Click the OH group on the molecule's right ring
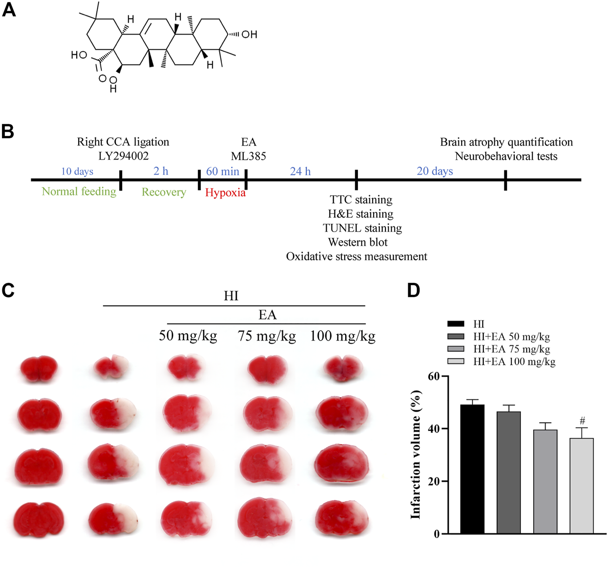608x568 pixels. [x=249, y=34]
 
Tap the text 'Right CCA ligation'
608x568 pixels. [x=123, y=142]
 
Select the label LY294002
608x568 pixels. [x=123, y=156]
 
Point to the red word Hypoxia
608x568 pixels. [x=225, y=192]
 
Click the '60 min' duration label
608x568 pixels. [x=223, y=171]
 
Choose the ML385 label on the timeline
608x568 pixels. [x=248, y=156]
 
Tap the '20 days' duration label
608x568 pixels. [x=435, y=171]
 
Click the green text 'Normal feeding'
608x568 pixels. [x=79, y=191]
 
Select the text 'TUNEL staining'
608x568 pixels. [x=362, y=228]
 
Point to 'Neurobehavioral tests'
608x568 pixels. [x=506, y=156]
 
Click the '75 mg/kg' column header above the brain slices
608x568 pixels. [x=267, y=336]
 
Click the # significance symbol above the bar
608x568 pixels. [x=582, y=421]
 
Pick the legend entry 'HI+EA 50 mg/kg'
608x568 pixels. [x=511, y=337]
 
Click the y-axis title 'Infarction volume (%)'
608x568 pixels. [x=415, y=454]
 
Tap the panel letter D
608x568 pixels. [x=413, y=290]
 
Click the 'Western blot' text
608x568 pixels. [x=358, y=242]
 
